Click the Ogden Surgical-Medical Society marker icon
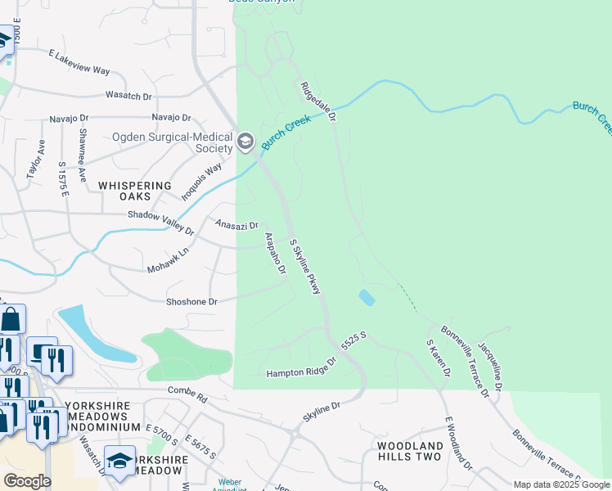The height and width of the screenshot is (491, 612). [245, 143]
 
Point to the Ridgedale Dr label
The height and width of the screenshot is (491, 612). [318, 101]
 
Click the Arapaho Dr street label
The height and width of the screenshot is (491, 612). [274, 253]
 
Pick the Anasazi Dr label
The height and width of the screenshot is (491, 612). [236, 224]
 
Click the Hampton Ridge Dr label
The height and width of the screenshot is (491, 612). [301, 367]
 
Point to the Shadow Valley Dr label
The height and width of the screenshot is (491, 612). [161, 222]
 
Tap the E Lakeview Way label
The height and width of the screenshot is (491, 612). [79, 63]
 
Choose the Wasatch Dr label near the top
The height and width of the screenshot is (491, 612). [128, 96]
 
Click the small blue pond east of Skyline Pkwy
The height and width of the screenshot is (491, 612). [367, 297]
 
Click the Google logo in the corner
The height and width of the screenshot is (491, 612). [27, 481]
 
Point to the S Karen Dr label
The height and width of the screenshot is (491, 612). [437, 358]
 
